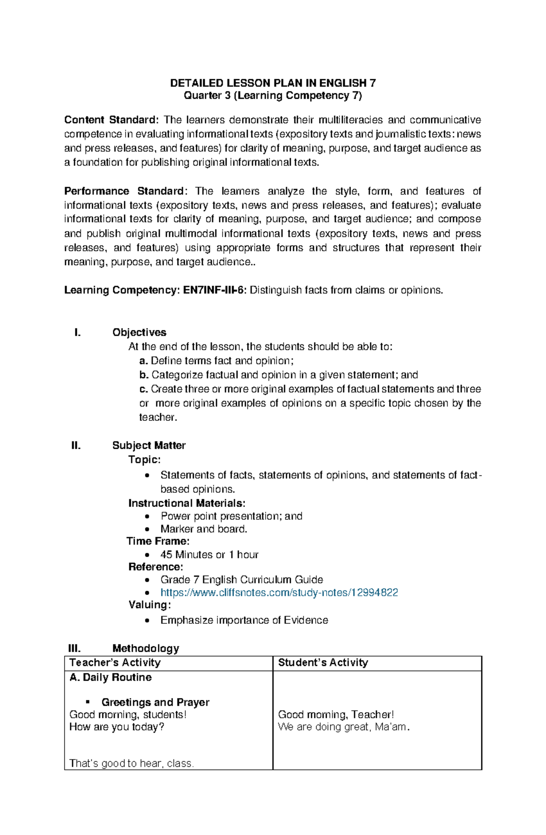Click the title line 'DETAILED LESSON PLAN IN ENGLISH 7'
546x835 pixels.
(x=273, y=83)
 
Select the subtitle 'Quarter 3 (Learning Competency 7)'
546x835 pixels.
(x=273, y=96)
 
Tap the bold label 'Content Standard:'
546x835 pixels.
(x=111, y=120)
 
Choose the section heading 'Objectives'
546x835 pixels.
(x=139, y=333)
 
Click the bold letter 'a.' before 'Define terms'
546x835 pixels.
(x=144, y=361)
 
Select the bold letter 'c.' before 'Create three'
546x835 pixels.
(x=144, y=390)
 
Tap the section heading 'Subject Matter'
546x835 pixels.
(x=149, y=445)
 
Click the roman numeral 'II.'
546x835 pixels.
(x=76, y=445)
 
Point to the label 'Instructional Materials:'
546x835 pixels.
(x=187, y=503)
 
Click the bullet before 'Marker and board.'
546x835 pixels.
(x=147, y=529)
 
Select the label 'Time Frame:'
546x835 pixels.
(x=158, y=541)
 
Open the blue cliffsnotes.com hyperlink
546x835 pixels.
(x=279, y=592)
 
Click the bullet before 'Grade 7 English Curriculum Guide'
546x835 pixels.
(x=147, y=580)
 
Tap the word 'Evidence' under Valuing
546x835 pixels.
(x=306, y=620)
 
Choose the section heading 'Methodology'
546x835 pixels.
(x=146, y=648)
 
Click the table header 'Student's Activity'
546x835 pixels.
(x=323, y=663)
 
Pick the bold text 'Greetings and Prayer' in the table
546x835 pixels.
(x=155, y=703)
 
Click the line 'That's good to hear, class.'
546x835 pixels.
(x=131, y=764)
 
